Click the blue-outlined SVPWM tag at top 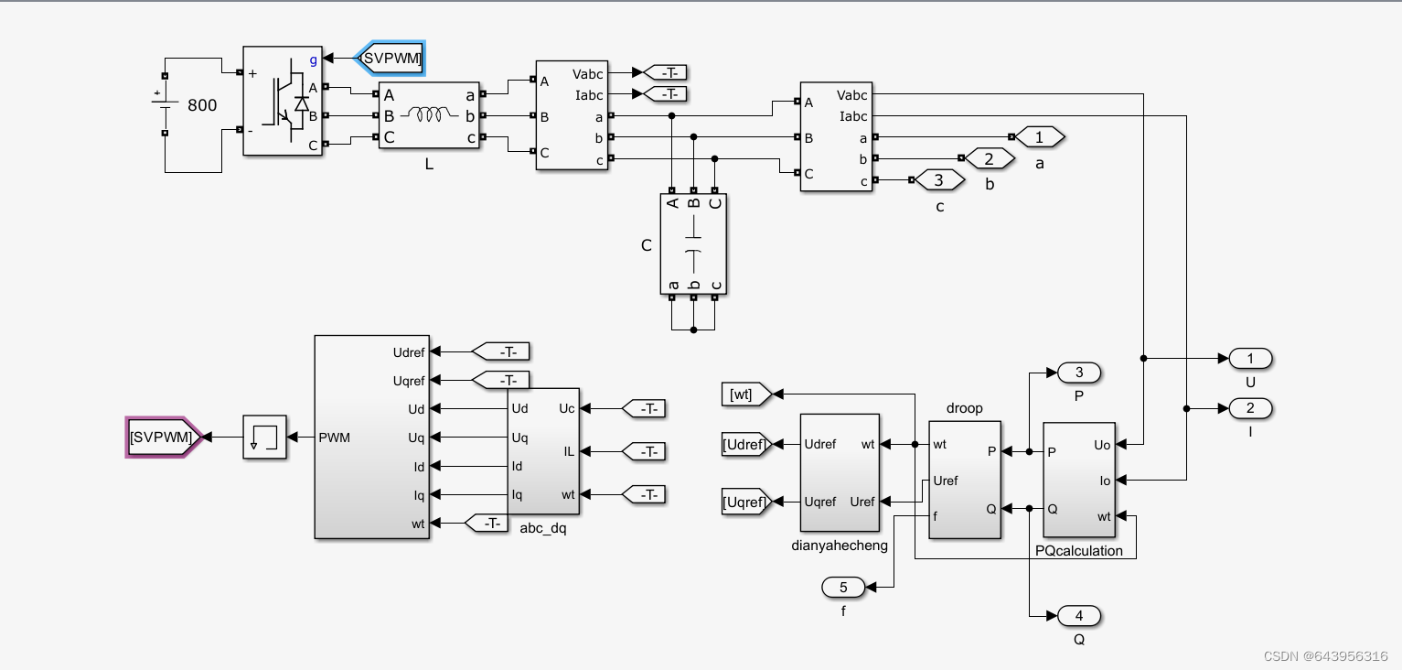[x=391, y=59]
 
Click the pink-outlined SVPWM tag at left [x=162, y=438]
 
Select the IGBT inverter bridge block [x=283, y=102]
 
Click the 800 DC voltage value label [x=202, y=105]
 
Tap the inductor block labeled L [x=429, y=115]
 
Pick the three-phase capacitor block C [x=692, y=244]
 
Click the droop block [x=964, y=480]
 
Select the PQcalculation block [x=1078, y=480]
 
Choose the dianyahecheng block [x=839, y=472]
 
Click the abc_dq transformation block [x=543, y=451]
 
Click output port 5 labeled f [x=844, y=587]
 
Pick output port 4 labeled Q [x=1079, y=616]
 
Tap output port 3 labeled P [x=1079, y=373]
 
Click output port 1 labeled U [x=1251, y=359]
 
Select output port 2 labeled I [x=1251, y=408]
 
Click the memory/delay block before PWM [x=264, y=438]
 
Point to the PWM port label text [x=335, y=438]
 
